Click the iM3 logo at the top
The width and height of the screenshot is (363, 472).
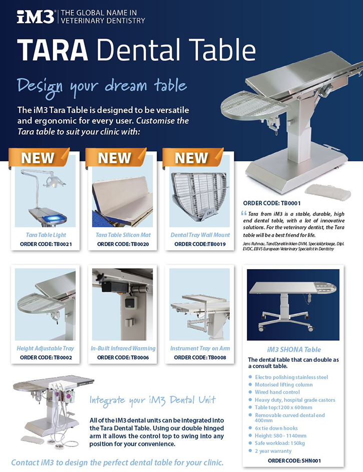[x=36, y=17]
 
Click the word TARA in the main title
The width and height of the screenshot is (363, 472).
[x=53, y=50]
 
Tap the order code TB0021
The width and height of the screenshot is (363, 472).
[x=46, y=244]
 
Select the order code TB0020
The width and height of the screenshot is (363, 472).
[x=123, y=244]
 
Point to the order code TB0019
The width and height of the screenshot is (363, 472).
[x=200, y=244]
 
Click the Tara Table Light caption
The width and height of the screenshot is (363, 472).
[x=46, y=235]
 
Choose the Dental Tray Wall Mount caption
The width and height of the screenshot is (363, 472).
[x=200, y=235]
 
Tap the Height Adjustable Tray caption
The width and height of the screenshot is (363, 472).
[x=46, y=348]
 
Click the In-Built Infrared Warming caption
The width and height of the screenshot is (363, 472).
[x=123, y=348]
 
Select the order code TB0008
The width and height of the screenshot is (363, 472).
[x=200, y=358]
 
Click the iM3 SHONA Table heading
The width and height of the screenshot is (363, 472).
[x=294, y=349]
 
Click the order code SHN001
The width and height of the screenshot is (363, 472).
[x=294, y=460]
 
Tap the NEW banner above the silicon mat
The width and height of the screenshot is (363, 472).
[x=115, y=158]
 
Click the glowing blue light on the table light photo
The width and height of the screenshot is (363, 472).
[x=53, y=218]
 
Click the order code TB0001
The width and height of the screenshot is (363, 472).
[x=272, y=203]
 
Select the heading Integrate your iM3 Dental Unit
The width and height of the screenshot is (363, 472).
[x=153, y=401]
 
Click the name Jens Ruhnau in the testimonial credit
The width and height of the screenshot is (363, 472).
[x=252, y=244]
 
